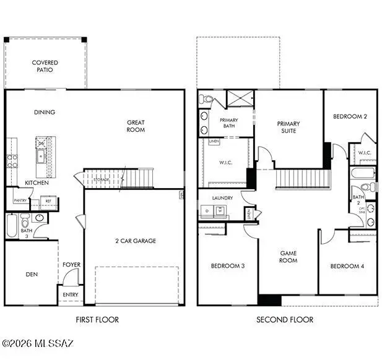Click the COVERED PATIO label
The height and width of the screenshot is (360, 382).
(x=45, y=66)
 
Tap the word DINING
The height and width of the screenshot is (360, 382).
(x=45, y=112)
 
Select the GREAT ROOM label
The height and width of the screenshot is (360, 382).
(x=136, y=126)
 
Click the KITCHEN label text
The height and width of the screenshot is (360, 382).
(x=37, y=183)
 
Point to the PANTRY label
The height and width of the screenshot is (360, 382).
(x=20, y=200)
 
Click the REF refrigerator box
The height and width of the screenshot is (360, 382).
(x=48, y=200)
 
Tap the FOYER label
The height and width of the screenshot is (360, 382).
(x=71, y=265)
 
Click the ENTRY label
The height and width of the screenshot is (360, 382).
(x=71, y=294)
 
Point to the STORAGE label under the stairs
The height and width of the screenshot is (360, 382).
(x=102, y=179)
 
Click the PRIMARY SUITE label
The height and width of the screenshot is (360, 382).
(x=287, y=127)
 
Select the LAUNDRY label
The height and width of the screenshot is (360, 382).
(x=222, y=198)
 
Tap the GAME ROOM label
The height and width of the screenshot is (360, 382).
(x=289, y=257)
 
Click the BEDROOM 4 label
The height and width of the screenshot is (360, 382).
(x=347, y=266)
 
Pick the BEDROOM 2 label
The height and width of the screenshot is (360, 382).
(x=350, y=116)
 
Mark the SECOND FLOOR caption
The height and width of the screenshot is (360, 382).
(x=285, y=320)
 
